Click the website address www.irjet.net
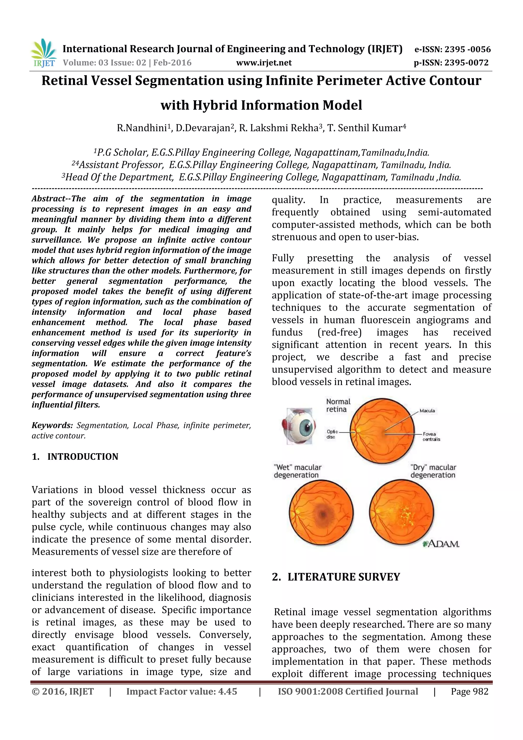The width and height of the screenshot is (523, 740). pos(264,63)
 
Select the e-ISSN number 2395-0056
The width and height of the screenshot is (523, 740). pos(467,49)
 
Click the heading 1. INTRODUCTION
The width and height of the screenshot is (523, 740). pos(75,456)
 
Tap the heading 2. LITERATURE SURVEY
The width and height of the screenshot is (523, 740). pos(336,577)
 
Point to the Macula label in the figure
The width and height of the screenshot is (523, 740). pos(427,411)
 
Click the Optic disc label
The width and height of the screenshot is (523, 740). pos(332,434)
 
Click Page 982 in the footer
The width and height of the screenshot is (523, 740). pos(469,691)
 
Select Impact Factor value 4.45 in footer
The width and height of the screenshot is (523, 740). pos(181,691)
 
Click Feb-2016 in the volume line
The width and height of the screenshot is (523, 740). pos(172,63)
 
